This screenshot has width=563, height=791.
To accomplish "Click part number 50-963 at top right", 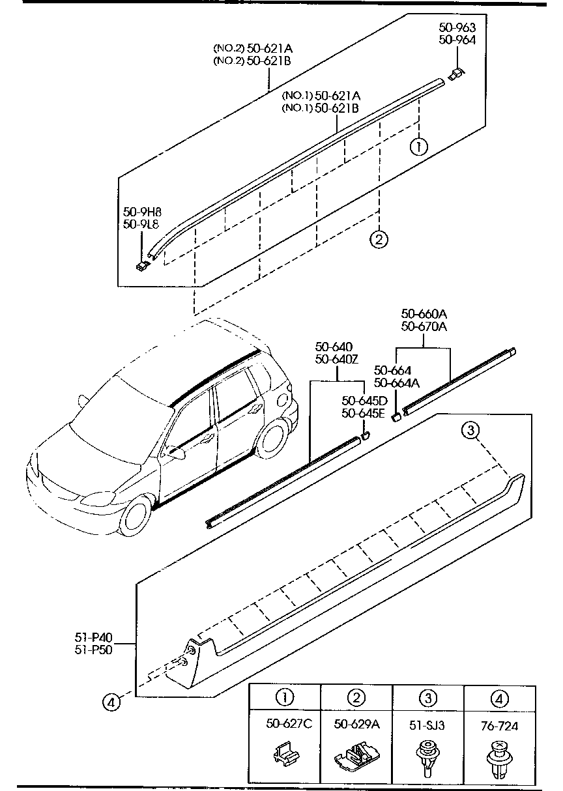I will pos(457,27).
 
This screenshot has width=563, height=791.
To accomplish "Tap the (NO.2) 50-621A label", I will pos(252,48).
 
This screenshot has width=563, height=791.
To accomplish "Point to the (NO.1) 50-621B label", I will pos(319,108).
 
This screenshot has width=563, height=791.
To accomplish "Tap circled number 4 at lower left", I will pos(111,702).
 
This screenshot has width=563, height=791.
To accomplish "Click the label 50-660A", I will pos(424,313).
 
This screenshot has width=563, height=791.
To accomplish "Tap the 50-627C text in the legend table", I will pos(285,724).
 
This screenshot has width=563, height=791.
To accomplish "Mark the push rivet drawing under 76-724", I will pos(498,760).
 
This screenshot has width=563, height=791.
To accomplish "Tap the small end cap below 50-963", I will pos(457,72).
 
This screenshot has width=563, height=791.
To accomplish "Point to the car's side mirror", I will pos(174,450).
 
